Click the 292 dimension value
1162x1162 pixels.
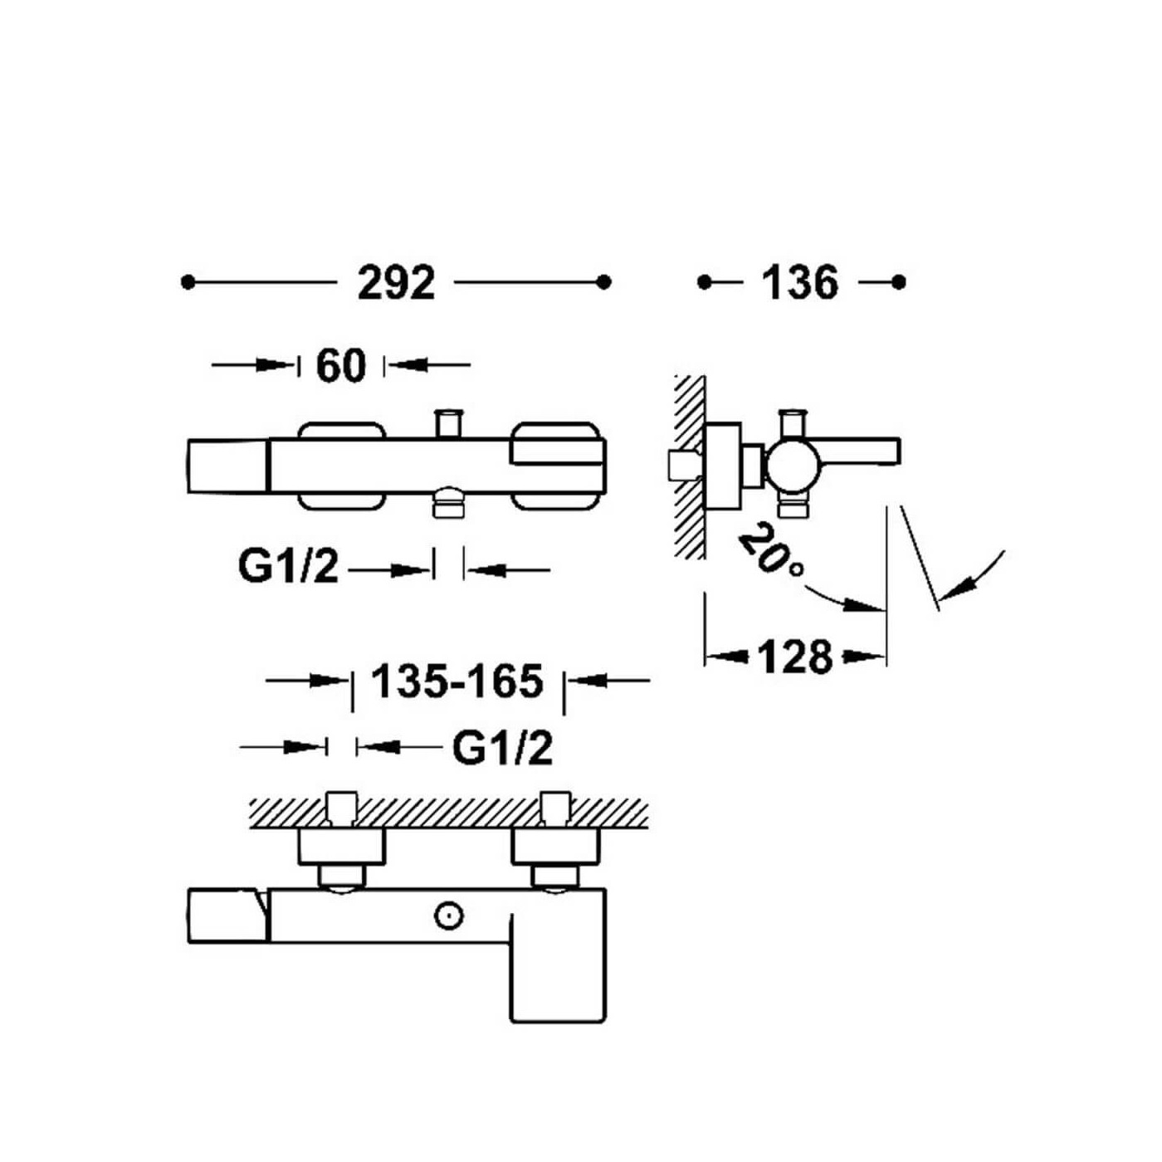click(396, 283)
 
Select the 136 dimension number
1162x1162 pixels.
click(800, 283)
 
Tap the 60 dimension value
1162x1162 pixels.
click(340, 365)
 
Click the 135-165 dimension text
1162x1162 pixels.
click(457, 681)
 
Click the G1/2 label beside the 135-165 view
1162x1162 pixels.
click(502, 749)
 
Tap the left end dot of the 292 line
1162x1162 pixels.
click(188, 282)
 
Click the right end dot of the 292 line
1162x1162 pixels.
click(603, 282)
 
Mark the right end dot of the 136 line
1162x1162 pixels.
click(899, 282)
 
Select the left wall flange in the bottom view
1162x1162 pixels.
click(341, 847)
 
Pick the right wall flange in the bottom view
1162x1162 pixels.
click(554, 847)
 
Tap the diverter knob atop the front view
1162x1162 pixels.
click(449, 422)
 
